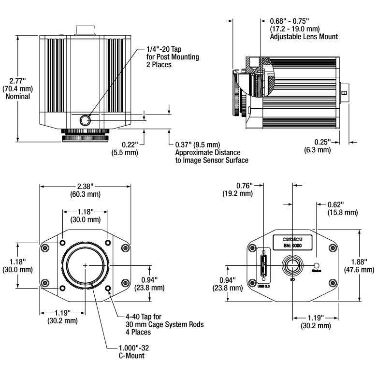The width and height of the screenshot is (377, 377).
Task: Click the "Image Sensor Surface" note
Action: [212, 160]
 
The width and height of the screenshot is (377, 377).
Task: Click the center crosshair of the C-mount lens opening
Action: [85, 265]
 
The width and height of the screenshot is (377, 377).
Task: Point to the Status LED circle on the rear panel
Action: [317, 265]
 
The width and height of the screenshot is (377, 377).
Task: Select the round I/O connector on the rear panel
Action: [292, 265]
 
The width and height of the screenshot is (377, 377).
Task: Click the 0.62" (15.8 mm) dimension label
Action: [342, 209]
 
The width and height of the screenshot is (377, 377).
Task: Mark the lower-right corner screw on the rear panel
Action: [333, 282]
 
